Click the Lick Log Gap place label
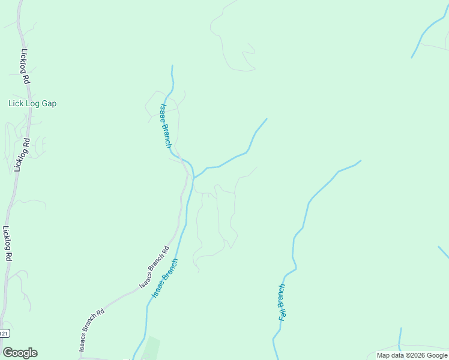coord(32,103)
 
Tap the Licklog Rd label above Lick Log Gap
coord(25,66)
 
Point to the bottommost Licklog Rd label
coord(8,244)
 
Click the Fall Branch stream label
coord(282,302)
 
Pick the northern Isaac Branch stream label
coord(165,126)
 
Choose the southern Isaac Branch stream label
coord(165,279)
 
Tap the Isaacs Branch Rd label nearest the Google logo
coord(92,329)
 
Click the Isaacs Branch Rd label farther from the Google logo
coord(154,267)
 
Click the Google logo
coord(20,353)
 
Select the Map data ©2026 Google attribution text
coord(412,355)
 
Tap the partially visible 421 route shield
coord(4,333)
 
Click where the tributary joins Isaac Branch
coord(193,178)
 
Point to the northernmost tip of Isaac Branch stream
coord(172,66)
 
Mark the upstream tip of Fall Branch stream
coord(360,161)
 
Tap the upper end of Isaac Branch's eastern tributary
coord(266,119)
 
